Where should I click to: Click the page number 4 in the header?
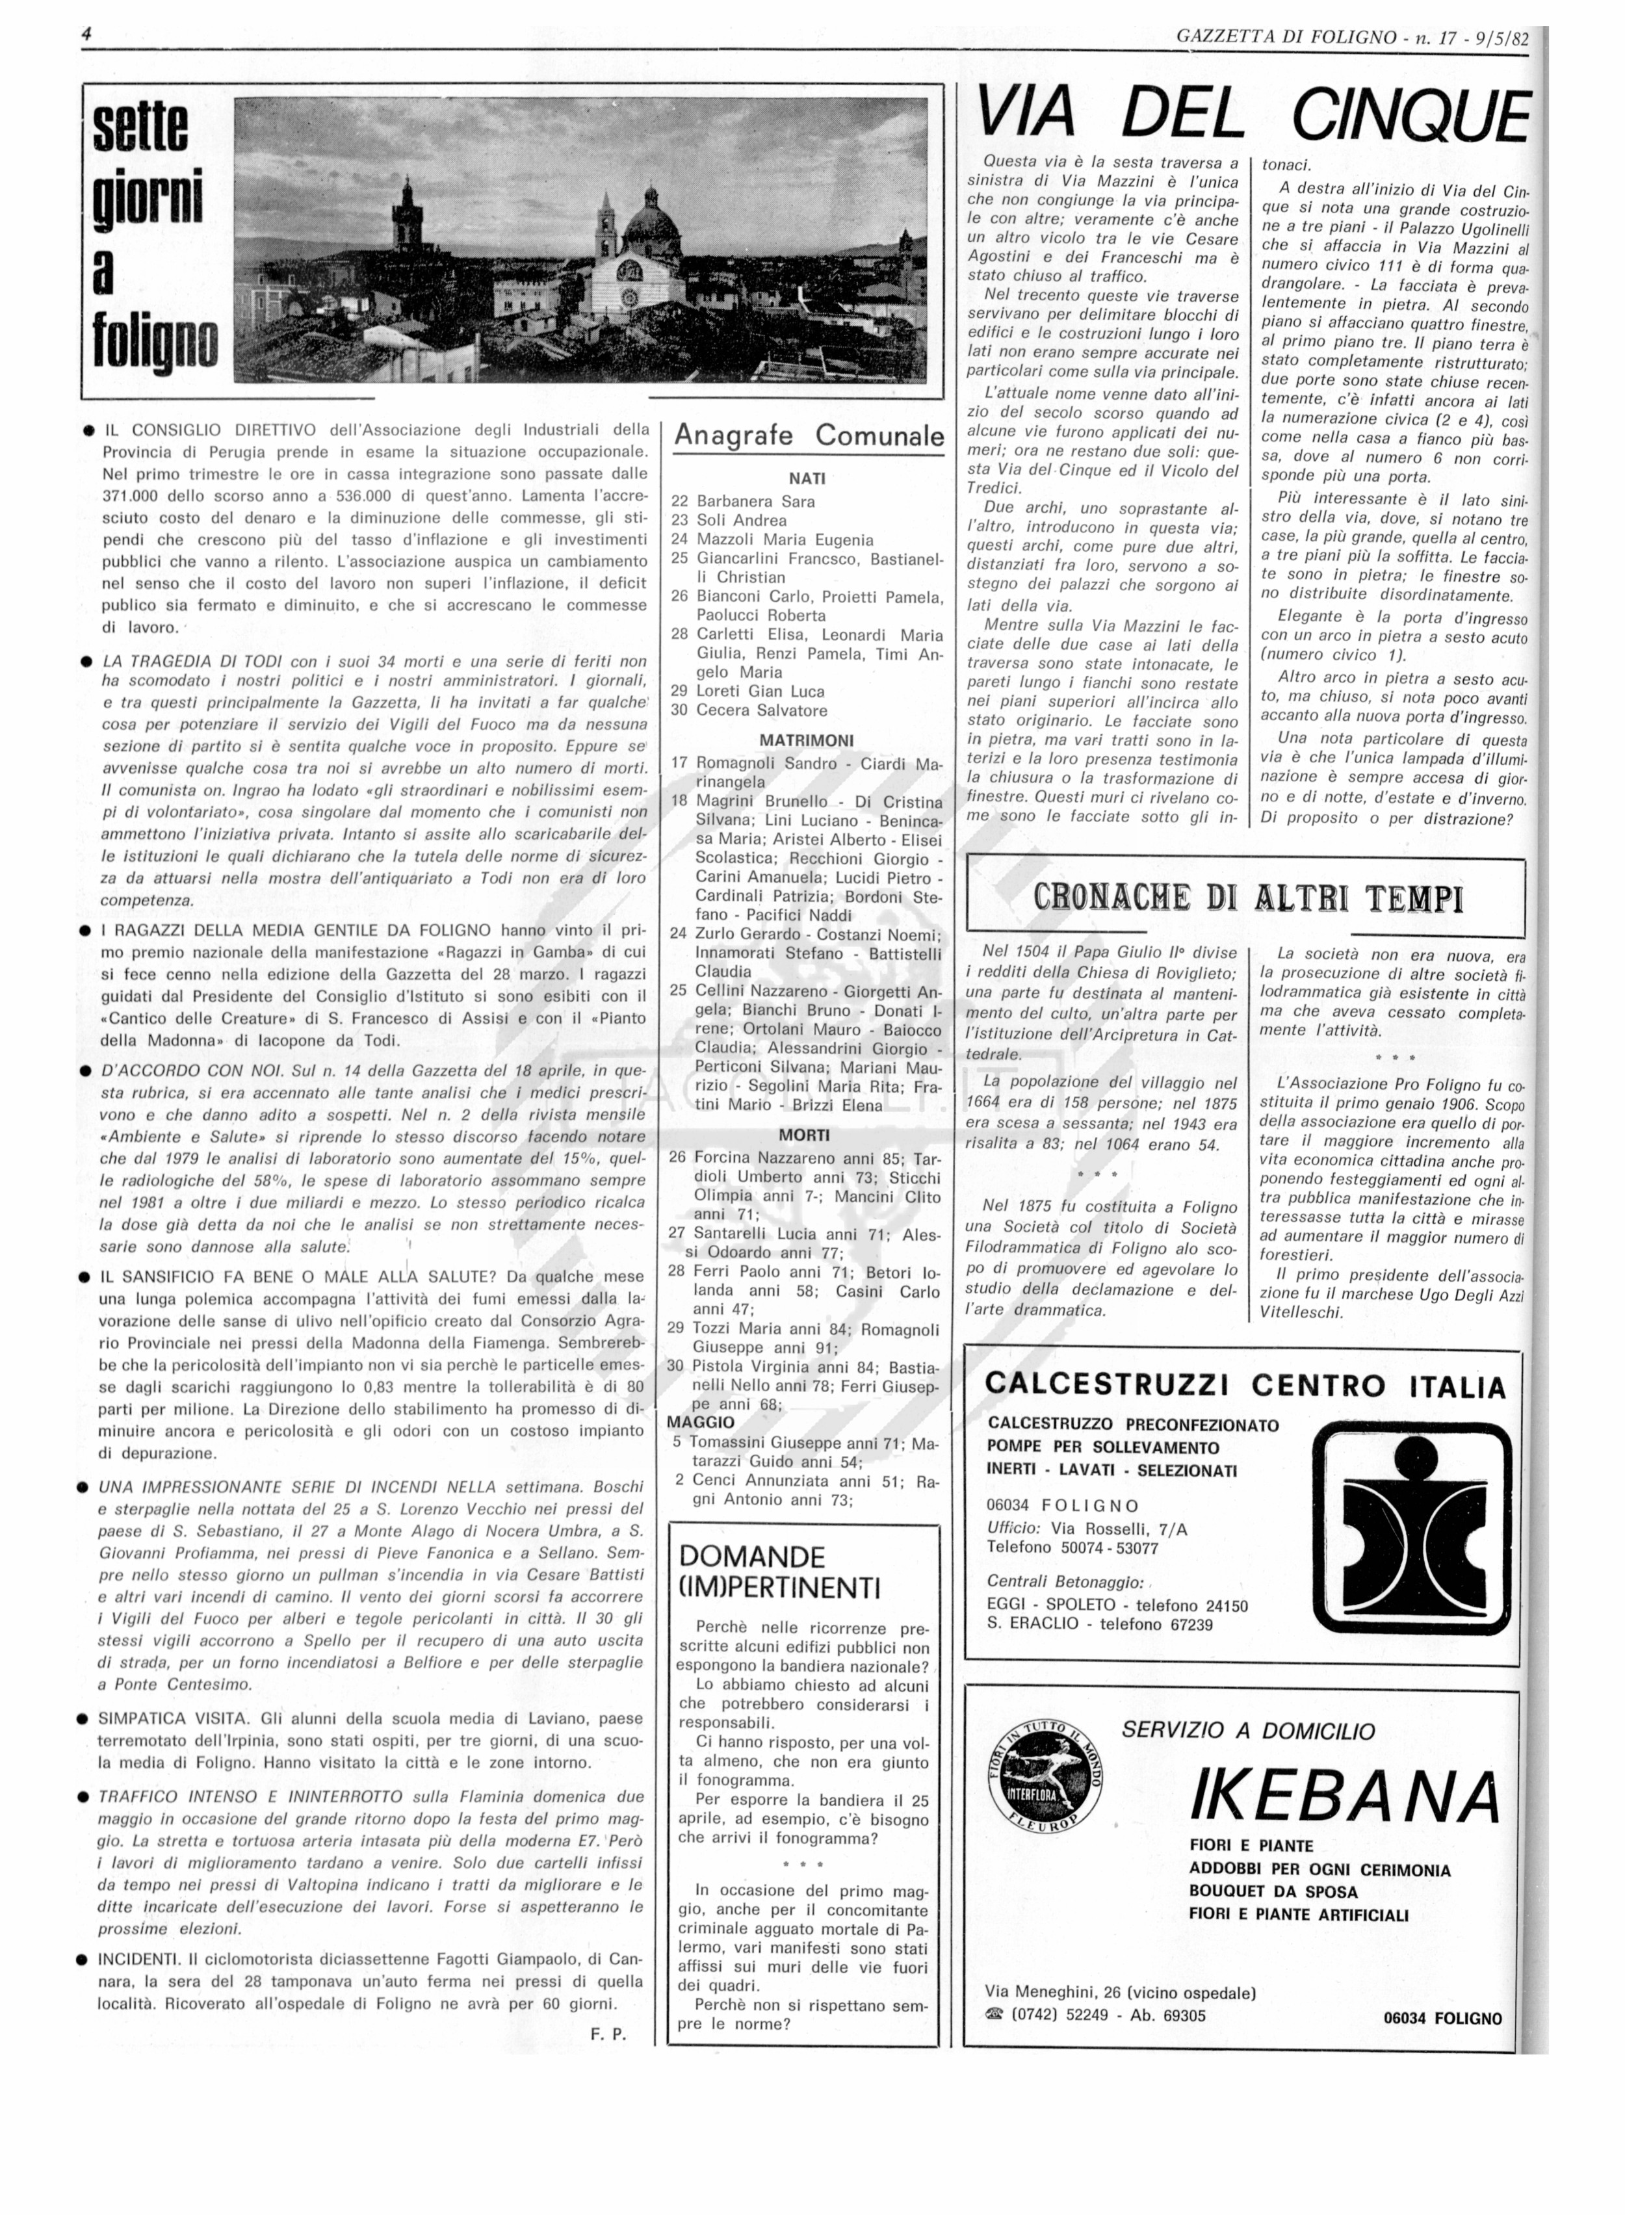pos(86,34)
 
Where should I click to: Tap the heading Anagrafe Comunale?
pos(809,435)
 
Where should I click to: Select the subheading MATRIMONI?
pos(807,740)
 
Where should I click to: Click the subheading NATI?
pos(807,479)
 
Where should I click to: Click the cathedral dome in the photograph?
pos(652,221)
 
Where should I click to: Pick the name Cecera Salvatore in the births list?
pos(761,710)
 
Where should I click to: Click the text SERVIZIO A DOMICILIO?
pos(1247,1730)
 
